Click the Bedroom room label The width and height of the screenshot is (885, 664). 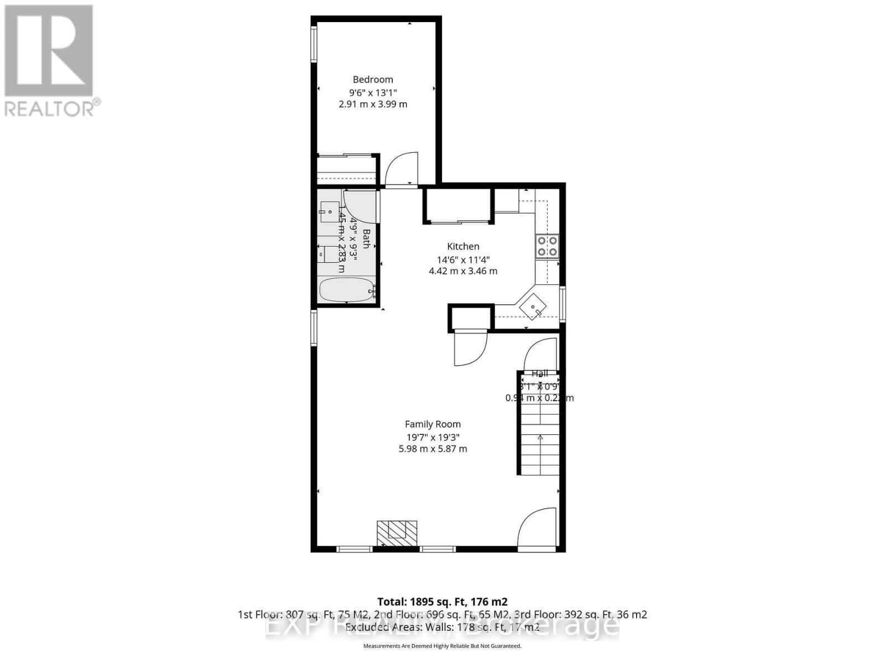[x=373, y=80]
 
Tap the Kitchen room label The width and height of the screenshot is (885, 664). [x=463, y=246]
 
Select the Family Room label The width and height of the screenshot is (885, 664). [x=433, y=424]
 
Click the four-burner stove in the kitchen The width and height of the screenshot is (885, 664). [x=546, y=246]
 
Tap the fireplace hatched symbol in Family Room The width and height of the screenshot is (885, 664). [x=397, y=532]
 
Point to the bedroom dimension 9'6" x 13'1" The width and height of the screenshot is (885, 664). [x=373, y=92]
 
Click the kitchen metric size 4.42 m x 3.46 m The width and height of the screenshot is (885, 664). [x=463, y=271]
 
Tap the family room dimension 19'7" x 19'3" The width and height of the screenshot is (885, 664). [x=433, y=437]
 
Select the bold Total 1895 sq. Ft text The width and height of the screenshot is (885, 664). [x=442, y=601]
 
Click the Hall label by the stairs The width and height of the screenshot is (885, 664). [x=539, y=373]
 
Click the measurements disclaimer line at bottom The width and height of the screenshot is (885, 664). [x=442, y=646]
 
